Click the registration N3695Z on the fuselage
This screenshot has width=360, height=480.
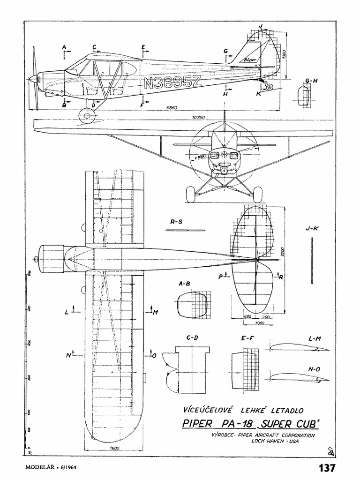tap(172, 83)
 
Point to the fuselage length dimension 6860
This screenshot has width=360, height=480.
tap(173, 108)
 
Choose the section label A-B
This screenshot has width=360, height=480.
tap(184, 284)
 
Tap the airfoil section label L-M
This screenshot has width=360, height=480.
tap(315, 338)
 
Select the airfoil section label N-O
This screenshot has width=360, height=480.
tap(314, 369)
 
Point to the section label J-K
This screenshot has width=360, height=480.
tap(312, 229)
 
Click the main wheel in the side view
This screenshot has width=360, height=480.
tap(87, 115)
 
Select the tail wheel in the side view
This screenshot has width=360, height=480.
tap(269, 87)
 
